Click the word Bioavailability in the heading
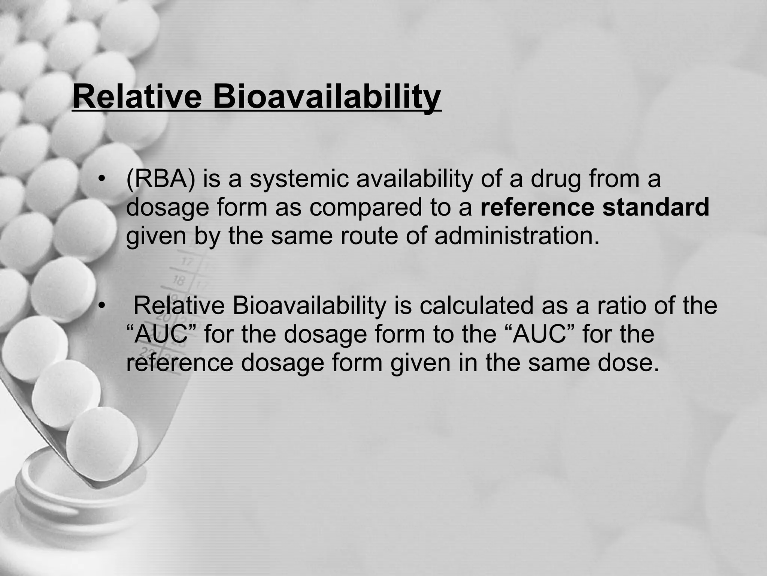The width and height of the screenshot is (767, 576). (327, 97)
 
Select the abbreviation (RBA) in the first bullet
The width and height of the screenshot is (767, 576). (161, 179)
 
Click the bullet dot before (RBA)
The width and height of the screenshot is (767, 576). (100, 180)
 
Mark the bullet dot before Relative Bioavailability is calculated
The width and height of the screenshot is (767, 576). (100, 306)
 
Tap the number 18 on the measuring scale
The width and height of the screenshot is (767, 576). (179, 280)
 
